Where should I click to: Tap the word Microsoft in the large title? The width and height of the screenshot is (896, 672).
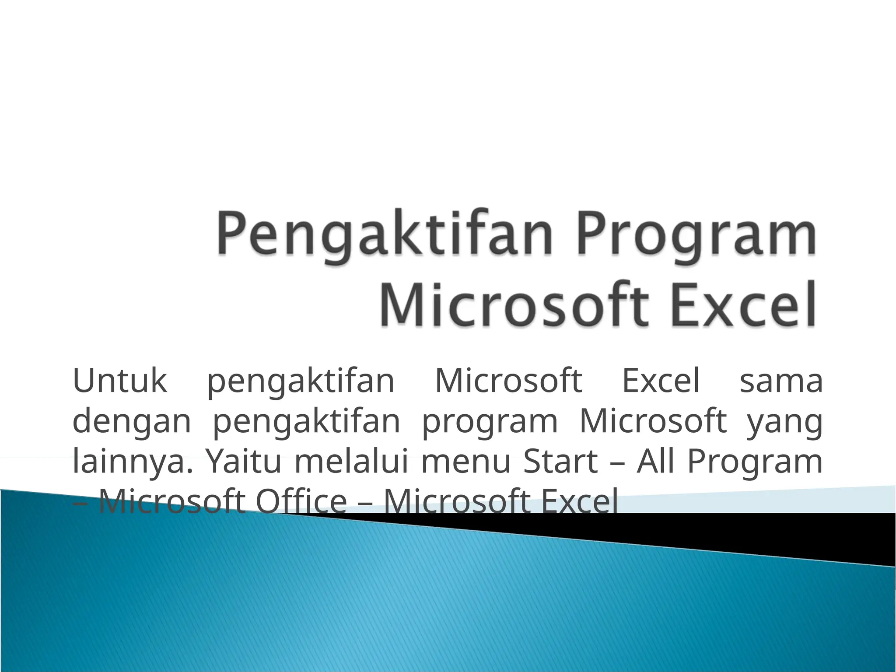[514, 304]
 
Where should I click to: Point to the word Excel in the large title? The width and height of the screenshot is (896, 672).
[744, 304]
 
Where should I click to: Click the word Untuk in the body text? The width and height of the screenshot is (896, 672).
[119, 381]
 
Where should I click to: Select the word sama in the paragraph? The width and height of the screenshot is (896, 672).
[781, 381]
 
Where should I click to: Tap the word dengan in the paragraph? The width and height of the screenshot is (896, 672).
[132, 421]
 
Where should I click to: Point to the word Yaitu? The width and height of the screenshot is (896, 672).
[243, 461]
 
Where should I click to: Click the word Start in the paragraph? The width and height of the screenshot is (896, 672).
[560, 461]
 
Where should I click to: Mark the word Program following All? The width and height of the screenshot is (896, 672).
[755, 461]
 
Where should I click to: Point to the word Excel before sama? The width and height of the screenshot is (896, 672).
[661, 381]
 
